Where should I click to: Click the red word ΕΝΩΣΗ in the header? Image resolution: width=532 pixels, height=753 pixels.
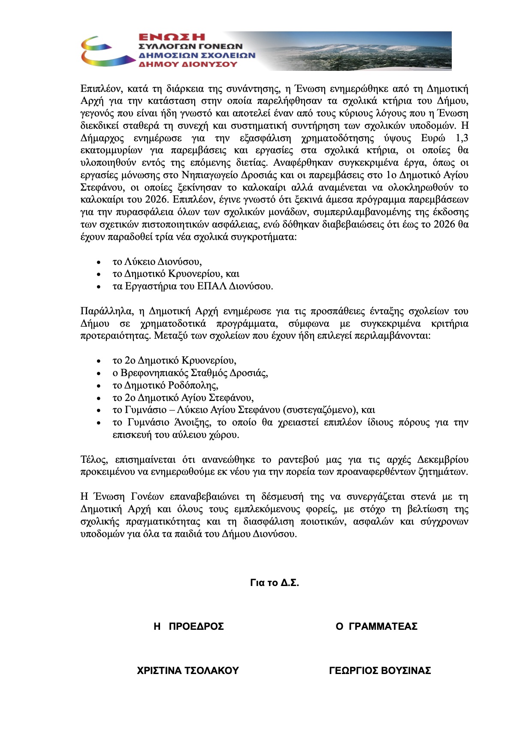[x=172, y=37]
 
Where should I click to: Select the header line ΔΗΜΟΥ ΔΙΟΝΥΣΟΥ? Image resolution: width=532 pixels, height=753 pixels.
[x=187, y=64]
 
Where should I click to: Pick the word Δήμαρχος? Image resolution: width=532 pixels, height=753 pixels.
[x=102, y=138]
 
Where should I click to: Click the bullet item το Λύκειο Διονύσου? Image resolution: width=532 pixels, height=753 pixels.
[x=157, y=261]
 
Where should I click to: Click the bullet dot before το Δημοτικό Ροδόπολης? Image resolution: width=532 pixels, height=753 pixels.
[x=99, y=386]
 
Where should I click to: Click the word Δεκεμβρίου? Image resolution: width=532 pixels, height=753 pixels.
[x=443, y=460]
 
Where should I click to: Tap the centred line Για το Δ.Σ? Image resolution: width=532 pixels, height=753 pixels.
[x=275, y=583]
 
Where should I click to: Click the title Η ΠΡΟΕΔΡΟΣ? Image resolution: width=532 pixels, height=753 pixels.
[x=189, y=626]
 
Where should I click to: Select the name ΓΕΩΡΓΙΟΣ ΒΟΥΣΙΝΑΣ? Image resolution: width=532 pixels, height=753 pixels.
[x=380, y=671]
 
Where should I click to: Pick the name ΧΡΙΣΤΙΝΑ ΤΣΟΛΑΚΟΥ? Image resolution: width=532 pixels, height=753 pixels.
[x=188, y=671]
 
